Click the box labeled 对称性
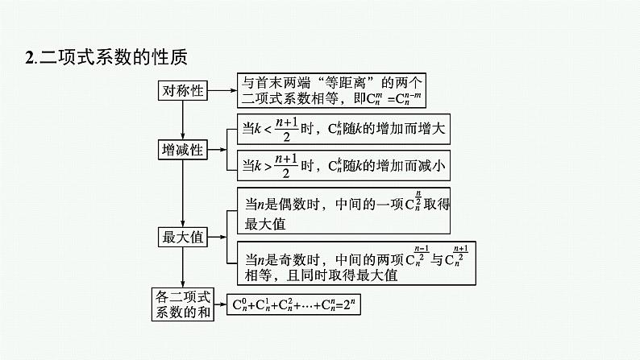183,91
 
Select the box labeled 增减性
183,150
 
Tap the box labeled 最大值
183,237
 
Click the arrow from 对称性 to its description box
222,91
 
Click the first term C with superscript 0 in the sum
239,304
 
